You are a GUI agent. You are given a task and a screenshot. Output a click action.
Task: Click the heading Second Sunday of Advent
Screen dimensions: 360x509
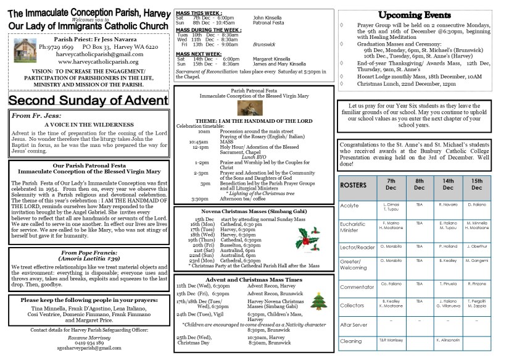88,101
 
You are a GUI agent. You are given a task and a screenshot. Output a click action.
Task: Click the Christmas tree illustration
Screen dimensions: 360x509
318,301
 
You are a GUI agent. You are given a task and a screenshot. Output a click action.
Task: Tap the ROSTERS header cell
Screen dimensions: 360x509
354,185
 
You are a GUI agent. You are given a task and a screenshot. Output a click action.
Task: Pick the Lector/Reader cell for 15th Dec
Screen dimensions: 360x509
476,246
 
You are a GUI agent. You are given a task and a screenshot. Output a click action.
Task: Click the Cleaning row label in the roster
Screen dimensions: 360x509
350,340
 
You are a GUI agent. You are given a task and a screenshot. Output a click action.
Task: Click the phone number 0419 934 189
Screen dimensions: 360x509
86,342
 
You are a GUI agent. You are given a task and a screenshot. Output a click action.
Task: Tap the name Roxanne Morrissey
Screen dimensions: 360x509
86,337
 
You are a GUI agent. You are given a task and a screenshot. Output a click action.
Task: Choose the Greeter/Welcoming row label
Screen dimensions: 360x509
354,265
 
